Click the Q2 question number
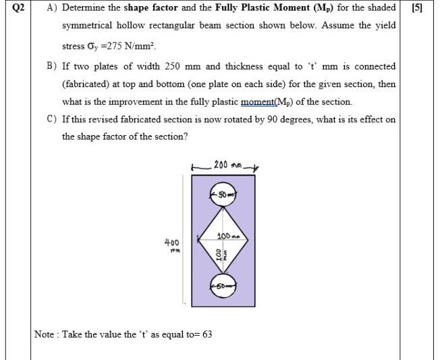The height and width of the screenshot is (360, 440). [18, 8]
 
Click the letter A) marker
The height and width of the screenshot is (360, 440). [51, 8]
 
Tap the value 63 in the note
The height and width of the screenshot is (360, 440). [207, 334]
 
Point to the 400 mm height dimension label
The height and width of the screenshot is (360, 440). [172, 243]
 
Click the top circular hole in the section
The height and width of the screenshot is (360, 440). [222, 195]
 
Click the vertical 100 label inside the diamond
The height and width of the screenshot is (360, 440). [217, 255]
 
